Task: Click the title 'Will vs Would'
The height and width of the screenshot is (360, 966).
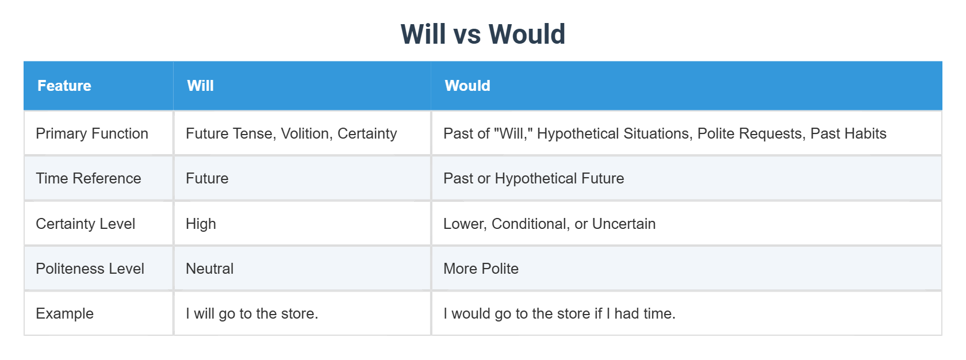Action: pyautogui.click(x=483, y=34)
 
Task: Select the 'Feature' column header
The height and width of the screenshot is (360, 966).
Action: pyautogui.click(x=64, y=86)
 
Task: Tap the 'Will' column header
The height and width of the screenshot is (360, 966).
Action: pyautogui.click(x=200, y=86)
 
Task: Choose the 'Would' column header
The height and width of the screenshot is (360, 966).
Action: pyautogui.click(x=467, y=86)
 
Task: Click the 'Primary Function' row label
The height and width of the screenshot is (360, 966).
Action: pyautogui.click(x=92, y=133)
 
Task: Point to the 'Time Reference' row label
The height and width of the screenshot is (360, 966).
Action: pyautogui.click(x=89, y=178)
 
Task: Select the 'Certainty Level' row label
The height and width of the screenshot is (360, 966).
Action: pyautogui.click(x=86, y=224)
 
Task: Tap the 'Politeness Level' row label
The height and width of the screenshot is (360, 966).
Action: pyautogui.click(x=90, y=269)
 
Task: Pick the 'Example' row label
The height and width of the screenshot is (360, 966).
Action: pyautogui.click(x=64, y=313)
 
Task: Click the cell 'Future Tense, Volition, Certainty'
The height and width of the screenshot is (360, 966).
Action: pyautogui.click(x=291, y=133)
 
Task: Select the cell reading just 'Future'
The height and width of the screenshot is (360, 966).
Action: pyautogui.click(x=207, y=178)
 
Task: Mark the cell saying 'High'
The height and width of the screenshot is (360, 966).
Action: pyautogui.click(x=201, y=224)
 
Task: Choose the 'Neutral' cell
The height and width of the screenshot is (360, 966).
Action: pyautogui.click(x=209, y=269)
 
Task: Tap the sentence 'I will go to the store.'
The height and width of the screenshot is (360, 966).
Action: pyautogui.click(x=252, y=313)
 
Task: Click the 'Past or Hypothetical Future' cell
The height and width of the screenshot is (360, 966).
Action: pyautogui.click(x=534, y=178)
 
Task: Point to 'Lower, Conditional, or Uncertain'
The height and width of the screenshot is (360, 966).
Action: pyautogui.click(x=549, y=224)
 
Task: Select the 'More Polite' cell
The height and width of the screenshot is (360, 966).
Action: pyautogui.click(x=481, y=269)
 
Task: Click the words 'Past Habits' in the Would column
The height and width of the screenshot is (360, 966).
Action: pyautogui.click(x=848, y=133)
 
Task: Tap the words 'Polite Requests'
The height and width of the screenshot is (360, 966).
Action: pyautogui.click(x=750, y=133)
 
